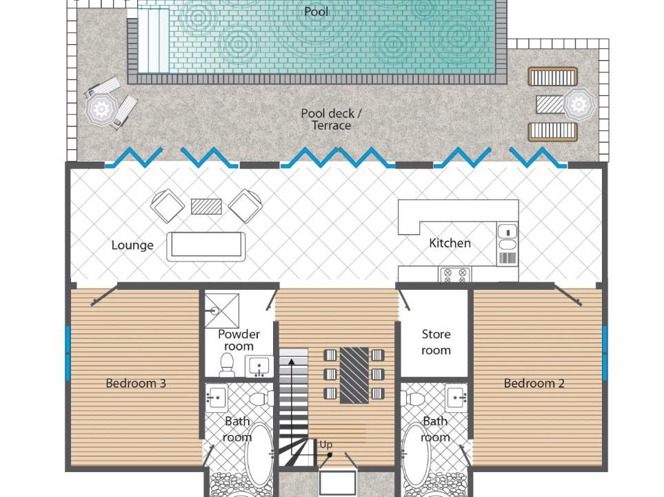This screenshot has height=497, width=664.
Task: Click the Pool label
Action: tap(316, 12)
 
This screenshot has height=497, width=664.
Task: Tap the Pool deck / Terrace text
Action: tap(331, 119)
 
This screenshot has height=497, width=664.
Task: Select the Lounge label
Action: tap(132, 245)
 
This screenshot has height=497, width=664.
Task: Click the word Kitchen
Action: tap(450, 243)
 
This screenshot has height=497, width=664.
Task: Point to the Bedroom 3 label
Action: tap(136, 383)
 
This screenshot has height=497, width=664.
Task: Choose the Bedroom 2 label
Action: tap(534, 383)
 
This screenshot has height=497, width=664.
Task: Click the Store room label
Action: tap(436, 342)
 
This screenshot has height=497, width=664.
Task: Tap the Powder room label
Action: tap(239, 340)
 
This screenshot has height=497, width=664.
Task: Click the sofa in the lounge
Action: tap(205, 246)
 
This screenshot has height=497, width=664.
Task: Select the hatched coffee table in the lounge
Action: tap(206, 206)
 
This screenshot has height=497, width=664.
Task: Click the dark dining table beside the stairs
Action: tap(354, 375)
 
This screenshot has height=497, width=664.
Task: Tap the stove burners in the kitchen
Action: tap(455, 275)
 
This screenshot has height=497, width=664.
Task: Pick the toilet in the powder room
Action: tap(227, 364)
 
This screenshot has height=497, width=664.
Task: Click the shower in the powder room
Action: tap(222, 311)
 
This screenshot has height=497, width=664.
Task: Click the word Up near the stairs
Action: tap(325, 445)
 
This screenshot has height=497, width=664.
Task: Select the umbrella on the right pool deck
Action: tap(579, 104)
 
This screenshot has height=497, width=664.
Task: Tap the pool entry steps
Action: tap(153, 41)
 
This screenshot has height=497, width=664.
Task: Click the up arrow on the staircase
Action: tap(292, 411)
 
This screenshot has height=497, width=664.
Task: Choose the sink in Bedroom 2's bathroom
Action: tap(457, 398)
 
